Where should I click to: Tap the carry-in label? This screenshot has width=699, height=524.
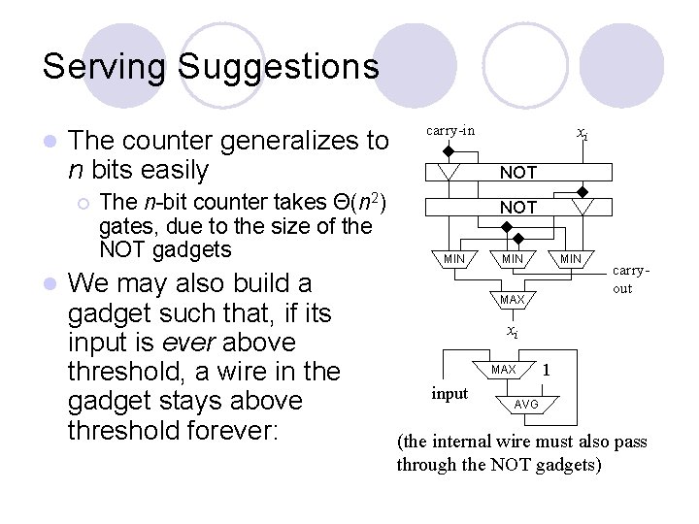pos(450,130)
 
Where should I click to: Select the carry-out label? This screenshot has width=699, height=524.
pos(628,280)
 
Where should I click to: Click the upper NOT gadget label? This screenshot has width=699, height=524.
pos(517,173)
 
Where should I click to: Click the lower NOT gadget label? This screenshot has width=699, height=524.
pos(517,208)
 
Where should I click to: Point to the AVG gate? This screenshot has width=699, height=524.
pos(525,404)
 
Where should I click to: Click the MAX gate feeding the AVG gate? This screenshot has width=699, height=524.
pos(504,370)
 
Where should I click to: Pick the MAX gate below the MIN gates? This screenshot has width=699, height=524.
pos(512,299)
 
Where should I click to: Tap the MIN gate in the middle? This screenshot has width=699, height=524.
pos(512,259)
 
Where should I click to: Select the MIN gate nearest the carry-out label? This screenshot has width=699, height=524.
pos(570,259)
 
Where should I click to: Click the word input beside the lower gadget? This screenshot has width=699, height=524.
pos(449,393)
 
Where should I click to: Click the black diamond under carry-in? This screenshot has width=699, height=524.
pos(448,151)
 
